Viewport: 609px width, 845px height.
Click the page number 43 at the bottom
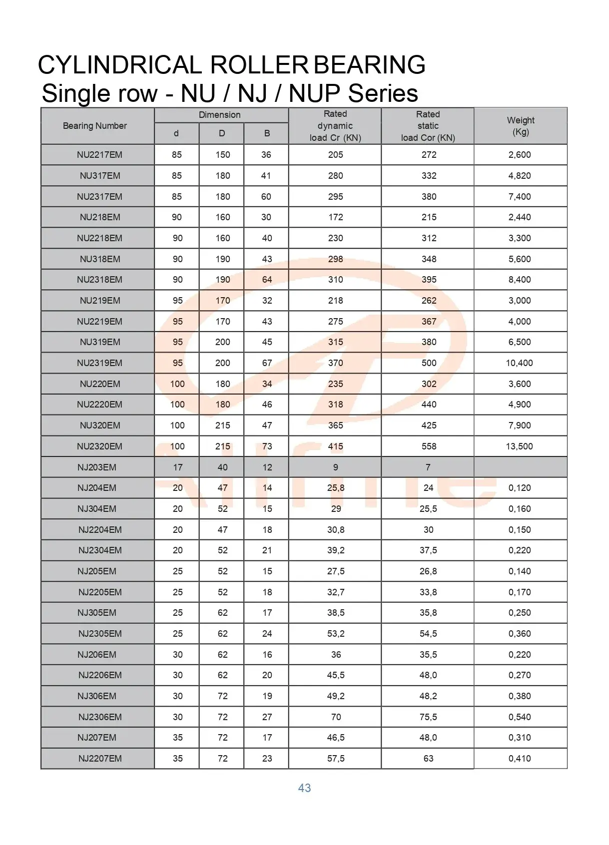click(x=304, y=788)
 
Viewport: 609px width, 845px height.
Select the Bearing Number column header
click(x=95, y=126)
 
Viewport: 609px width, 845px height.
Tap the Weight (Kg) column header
click(x=521, y=126)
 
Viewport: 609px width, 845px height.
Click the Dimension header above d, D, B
click(x=219, y=115)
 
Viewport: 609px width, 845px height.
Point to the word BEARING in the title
click(x=369, y=65)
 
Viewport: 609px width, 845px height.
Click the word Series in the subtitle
click(x=384, y=93)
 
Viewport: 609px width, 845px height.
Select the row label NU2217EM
click(x=99, y=155)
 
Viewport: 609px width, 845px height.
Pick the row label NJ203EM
click(x=97, y=467)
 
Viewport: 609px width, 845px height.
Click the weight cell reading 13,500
click(x=520, y=446)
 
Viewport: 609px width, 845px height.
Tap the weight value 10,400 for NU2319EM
click(x=520, y=363)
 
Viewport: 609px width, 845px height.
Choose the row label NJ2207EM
click(x=100, y=759)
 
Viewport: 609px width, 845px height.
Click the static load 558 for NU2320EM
click(x=429, y=446)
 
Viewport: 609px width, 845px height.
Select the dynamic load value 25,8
click(x=336, y=488)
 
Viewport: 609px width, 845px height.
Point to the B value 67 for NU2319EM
click(x=267, y=363)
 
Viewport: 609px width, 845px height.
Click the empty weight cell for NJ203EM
click(x=520, y=467)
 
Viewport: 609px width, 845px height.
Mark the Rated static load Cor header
click(x=428, y=126)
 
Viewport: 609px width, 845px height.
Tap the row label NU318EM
click(x=100, y=259)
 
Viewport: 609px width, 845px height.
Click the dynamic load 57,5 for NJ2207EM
click(x=336, y=759)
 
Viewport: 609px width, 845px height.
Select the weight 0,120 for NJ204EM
click(x=520, y=488)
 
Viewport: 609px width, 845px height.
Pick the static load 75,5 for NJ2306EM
click(x=428, y=717)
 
